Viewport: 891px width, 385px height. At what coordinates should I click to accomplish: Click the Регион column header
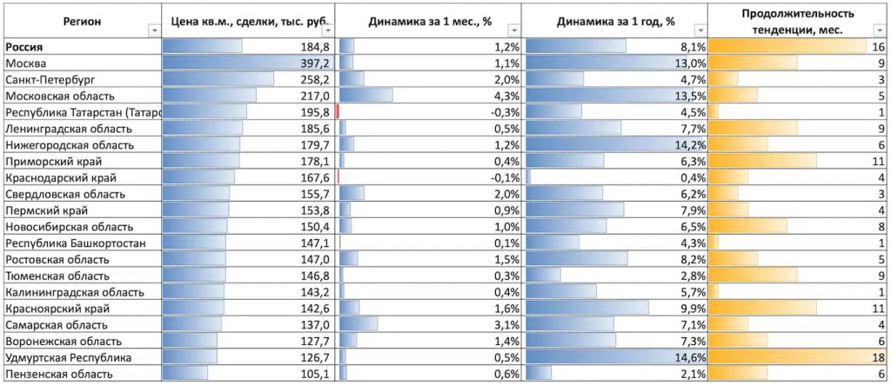tap(82, 20)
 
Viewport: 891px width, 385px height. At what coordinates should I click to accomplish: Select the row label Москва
tap(28, 63)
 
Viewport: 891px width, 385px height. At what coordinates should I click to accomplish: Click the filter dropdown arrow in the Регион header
tap(154, 30)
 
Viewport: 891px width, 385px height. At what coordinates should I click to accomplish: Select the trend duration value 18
tap(877, 357)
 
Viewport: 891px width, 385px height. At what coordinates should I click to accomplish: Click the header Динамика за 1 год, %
tap(615, 20)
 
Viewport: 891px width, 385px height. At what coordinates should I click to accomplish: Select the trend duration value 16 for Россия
tap(877, 47)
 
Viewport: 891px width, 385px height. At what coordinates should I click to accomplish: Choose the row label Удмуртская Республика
tap(68, 357)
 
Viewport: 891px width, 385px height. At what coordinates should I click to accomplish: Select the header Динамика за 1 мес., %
tap(428, 20)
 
